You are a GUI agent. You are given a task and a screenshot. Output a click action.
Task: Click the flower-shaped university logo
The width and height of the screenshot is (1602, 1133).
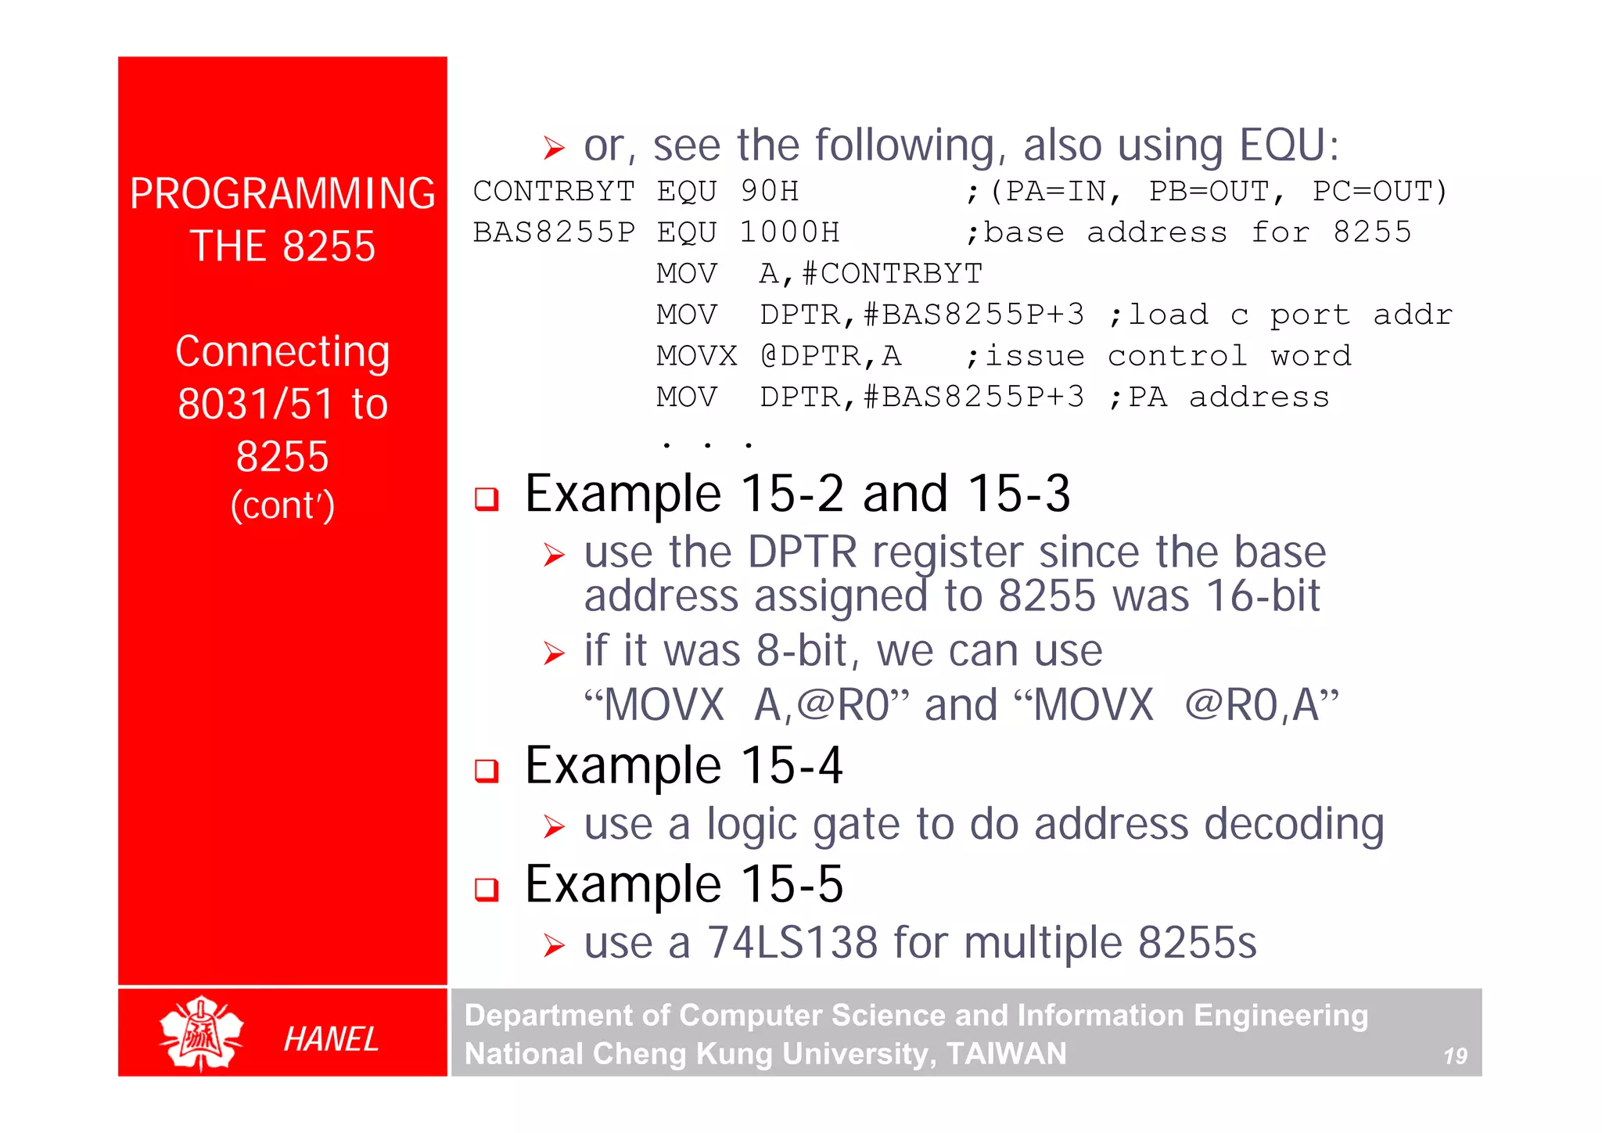201,1033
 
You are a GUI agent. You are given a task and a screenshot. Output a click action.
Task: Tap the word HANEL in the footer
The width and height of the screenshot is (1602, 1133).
331,1040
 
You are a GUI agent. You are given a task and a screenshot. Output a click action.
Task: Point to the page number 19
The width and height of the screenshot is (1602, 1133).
1455,1056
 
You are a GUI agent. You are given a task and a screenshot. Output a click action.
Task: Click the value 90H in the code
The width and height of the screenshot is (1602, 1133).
770,192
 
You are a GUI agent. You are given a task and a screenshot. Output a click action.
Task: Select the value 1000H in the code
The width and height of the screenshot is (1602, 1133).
789,232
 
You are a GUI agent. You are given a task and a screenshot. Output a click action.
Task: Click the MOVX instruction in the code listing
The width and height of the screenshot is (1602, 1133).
696,356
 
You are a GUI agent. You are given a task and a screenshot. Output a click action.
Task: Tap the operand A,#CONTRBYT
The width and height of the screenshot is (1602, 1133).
871,274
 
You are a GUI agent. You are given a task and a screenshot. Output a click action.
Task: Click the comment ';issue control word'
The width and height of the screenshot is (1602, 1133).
1158,356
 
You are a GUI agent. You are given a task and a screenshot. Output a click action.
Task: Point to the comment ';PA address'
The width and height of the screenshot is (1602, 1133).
1219,397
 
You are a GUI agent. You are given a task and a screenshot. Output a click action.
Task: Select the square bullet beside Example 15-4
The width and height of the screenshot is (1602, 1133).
487,771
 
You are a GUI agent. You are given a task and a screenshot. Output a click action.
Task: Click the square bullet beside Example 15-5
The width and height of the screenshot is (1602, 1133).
487,889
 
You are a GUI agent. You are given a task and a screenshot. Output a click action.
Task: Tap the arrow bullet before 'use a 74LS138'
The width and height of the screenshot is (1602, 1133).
554,946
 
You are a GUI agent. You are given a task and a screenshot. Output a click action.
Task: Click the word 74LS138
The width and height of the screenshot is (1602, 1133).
792,942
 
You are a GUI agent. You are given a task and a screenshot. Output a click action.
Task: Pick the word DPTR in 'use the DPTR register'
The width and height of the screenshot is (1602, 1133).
802,552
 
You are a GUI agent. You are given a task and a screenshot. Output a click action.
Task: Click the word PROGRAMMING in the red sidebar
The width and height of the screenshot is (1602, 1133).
282,194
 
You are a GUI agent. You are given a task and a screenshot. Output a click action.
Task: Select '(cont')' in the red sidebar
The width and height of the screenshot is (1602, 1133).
282,505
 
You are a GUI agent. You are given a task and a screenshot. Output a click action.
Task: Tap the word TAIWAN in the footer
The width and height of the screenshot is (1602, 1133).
1006,1054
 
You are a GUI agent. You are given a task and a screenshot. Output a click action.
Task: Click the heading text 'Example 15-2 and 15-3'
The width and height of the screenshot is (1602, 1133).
797,494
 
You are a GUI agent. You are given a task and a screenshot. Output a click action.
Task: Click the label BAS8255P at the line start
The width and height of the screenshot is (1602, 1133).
554,232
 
